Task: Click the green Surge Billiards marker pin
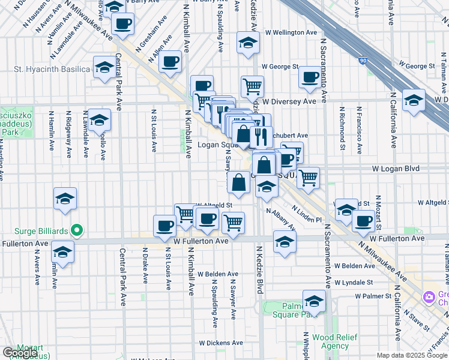76,230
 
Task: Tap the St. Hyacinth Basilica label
52,70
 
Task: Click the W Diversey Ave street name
293,102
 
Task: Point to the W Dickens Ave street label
221,343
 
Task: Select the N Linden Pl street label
307,215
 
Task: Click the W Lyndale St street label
354,282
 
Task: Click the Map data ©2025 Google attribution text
411,355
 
